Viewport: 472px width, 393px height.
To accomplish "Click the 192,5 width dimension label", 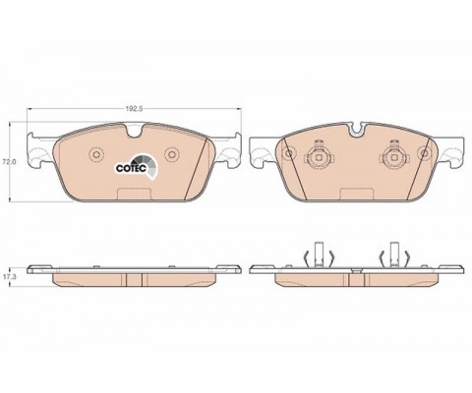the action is tap(135, 109).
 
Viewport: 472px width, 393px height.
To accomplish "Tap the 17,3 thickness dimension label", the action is tap(7, 277).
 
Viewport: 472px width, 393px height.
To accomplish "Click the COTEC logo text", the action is tap(131, 168).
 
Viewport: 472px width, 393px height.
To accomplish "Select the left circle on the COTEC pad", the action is tap(96, 154).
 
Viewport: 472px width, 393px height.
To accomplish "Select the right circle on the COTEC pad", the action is tap(171, 154).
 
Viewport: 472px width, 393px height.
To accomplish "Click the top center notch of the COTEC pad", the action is tap(134, 130).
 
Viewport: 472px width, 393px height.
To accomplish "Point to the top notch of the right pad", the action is tap(357, 129).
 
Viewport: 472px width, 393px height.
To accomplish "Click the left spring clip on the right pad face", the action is tap(319, 155).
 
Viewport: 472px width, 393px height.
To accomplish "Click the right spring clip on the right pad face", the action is tap(394, 155).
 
